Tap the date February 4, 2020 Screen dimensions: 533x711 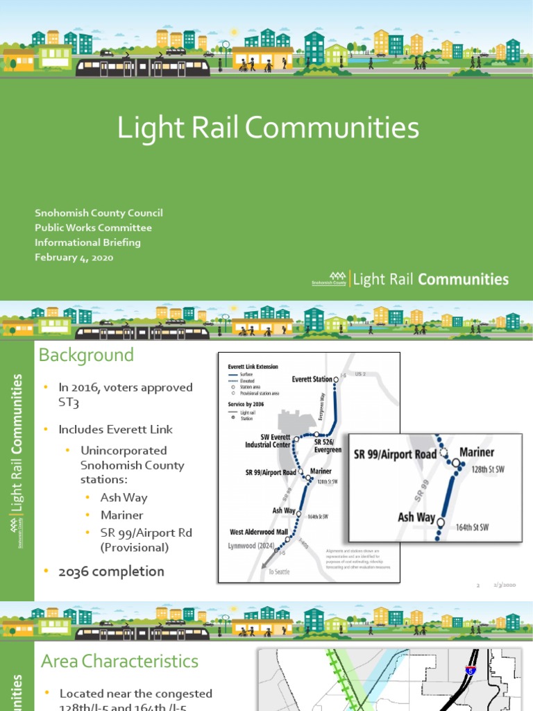click(x=74, y=258)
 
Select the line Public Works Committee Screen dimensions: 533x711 click(x=94, y=228)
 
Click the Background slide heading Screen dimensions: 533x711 click(x=86, y=355)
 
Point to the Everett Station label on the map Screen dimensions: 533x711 click(x=312, y=379)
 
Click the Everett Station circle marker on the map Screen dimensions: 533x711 click(x=336, y=378)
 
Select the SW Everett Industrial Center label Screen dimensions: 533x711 click(x=267, y=441)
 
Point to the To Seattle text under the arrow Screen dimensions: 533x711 click(x=276, y=571)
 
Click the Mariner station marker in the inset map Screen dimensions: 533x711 click(x=456, y=465)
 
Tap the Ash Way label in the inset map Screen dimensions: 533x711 click(x=416, y=517)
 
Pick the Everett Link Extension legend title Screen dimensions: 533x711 click(x=253, y=366)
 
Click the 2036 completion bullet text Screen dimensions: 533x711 click(x=111, y=571)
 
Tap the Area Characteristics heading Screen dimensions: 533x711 click(x=119, y=661)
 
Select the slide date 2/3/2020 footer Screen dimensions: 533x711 click(x=504, y=585)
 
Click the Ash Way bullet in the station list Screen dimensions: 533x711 click(x=124, y=497)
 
